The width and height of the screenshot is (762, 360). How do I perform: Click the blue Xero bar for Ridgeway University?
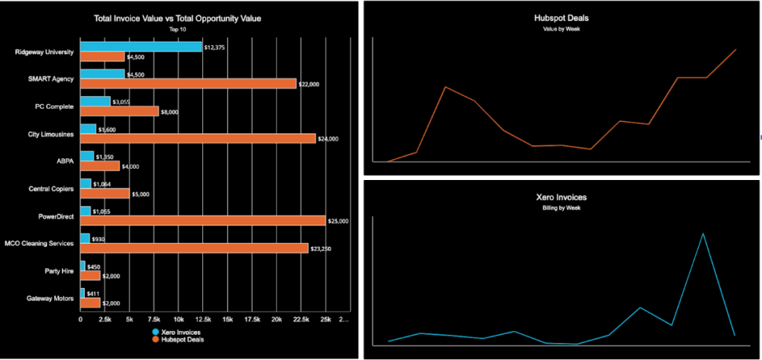(141, 47)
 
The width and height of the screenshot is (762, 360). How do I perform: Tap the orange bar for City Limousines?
(197, 138)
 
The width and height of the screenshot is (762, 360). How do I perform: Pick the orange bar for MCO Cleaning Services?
(193, 248)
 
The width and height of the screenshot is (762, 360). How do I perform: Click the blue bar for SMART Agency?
(102, 74)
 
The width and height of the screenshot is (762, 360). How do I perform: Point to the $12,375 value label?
(215, 47)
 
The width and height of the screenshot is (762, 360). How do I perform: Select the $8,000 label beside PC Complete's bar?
(170, 112)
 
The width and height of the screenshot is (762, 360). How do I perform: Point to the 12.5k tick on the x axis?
(202, 320)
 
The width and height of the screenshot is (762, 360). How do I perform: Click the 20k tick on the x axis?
(276, 320)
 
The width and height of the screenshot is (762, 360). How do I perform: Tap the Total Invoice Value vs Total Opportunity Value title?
(178, 17)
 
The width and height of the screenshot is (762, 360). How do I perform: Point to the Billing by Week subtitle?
(561, 208)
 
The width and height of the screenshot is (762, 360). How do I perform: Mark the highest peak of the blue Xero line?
(702, 234)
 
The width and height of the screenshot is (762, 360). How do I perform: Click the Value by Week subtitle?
(561, 28)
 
